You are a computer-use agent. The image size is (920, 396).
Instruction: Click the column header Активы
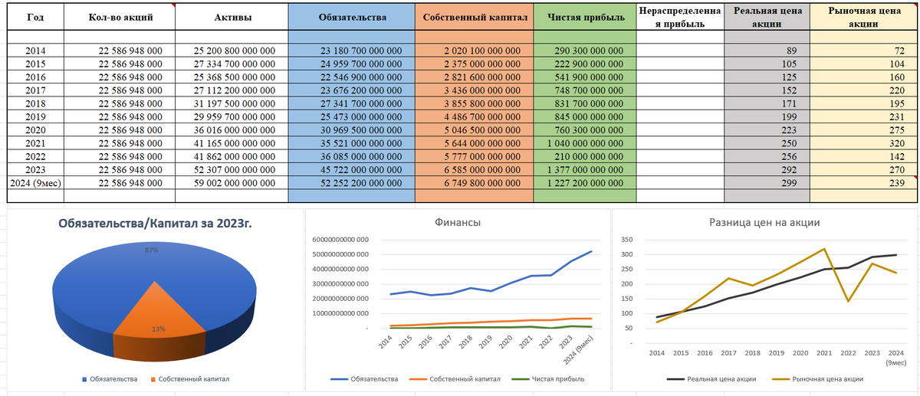pos(234,16)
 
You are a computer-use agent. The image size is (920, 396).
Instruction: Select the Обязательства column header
pos(352,16)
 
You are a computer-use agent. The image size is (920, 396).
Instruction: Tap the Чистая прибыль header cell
pos(585,16)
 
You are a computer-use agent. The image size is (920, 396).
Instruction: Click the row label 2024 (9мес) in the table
pos(32,183)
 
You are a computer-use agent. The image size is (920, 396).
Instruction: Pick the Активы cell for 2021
pos(234,143)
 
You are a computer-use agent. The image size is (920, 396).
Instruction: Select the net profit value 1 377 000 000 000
pos(585,169)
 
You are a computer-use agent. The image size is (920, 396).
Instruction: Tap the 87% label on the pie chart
pos(151,250)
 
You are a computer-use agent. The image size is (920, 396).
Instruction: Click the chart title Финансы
pos(458,222)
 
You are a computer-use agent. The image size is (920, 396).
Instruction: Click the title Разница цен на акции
pos(764,222)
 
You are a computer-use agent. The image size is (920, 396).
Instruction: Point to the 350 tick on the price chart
pos(626,240)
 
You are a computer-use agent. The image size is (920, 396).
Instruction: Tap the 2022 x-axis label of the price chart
pos(848,353)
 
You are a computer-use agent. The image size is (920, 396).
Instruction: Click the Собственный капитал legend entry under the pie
pos(189,379)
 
